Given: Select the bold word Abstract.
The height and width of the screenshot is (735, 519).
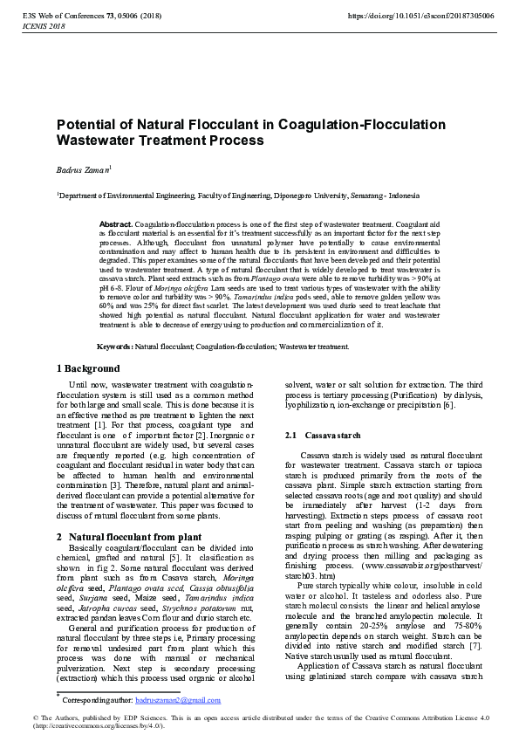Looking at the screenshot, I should (115, 224).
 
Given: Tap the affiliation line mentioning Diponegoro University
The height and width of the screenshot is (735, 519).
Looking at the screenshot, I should (227, 196).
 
